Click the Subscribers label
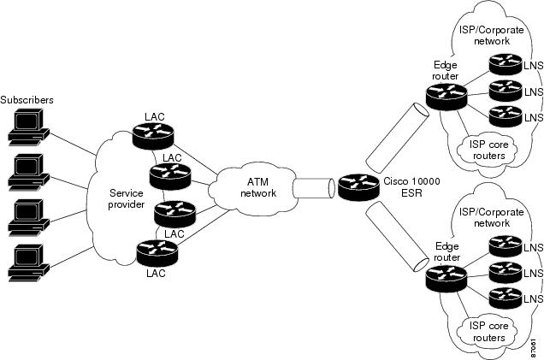point(28,100)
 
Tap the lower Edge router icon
point(444,275)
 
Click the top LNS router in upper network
point(505,66)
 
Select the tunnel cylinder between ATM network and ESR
point(310,187)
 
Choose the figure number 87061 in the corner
point(534,348)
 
